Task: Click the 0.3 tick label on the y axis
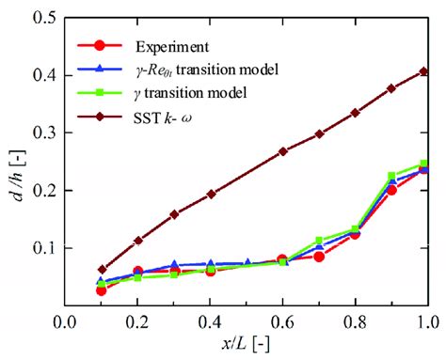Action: pos(42,133)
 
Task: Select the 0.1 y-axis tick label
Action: pos(42,248)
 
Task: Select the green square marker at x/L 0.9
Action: pos(391,177)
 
